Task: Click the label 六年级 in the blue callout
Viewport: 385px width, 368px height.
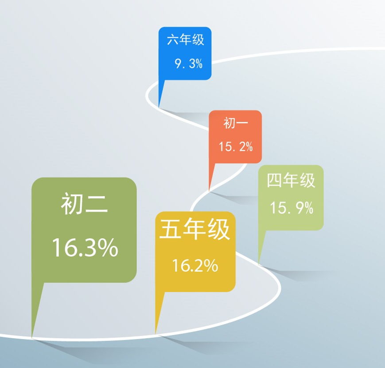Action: pyautogui.click(x=185, y=40)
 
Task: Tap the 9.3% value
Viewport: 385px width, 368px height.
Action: pyautogui.click(x=189, y=63)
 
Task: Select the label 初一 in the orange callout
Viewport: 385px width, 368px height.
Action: pyautogui.click(x=235, y=123)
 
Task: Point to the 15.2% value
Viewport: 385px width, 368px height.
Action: pyautogui.click(x=235, y=146)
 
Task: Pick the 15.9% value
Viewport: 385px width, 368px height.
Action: pyautogui.click(x=292, y=208)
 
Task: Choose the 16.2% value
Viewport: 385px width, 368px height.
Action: pyautogui.click(x=195, y=265)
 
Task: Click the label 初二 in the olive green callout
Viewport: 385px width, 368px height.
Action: pyautogui.click(x=84, y=203)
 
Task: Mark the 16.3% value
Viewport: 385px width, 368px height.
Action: pyautogui.click(x=85, y=247)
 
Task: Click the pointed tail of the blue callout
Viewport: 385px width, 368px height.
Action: pyautogui.click(x=159, y=108)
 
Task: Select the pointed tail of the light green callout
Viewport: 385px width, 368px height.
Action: pyautogui.click(x=259, y=265)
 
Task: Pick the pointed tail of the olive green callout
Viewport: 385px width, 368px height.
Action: pyautogui.click(x=32, y=337)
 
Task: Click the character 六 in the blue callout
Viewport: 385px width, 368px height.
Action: pyautogui.click(x=173, y=40)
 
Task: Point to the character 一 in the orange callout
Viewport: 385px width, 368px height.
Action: pyautogui.click(x=242, y=123)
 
